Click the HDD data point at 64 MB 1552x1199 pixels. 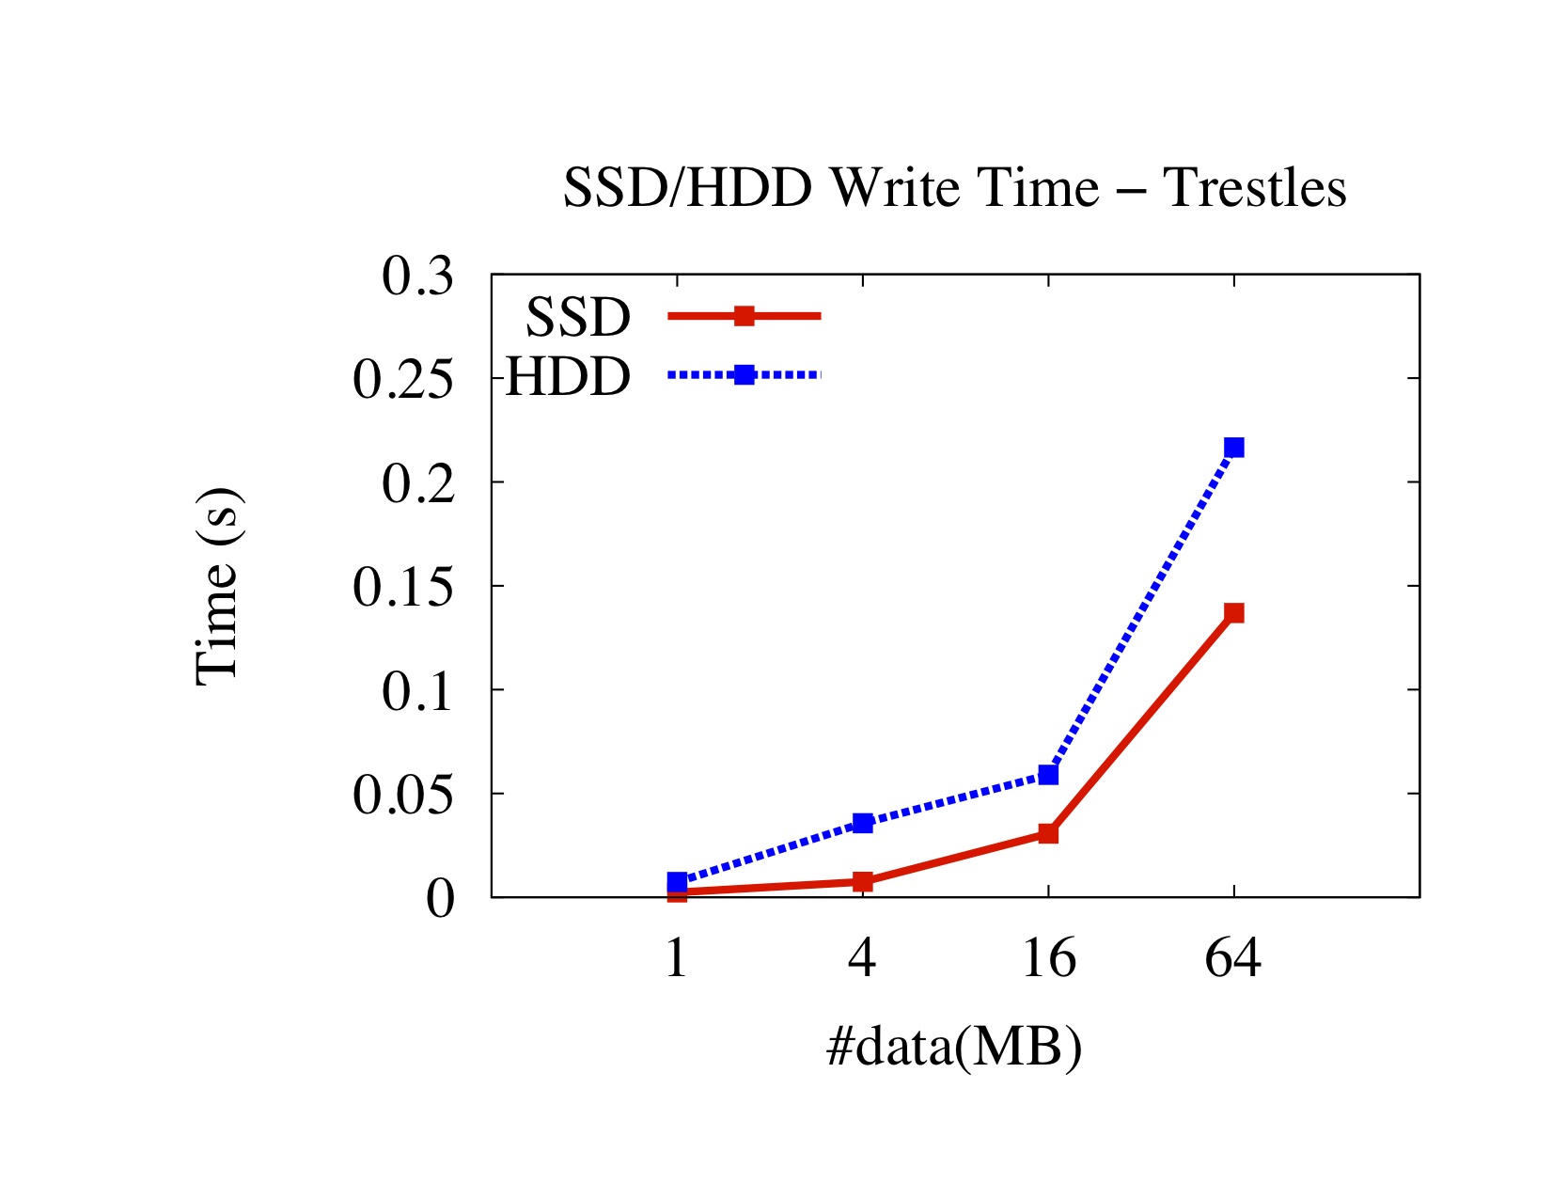pyautogui.click(x=1233, y=447)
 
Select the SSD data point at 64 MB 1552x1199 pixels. pyautogui.click(x=1233, y=613)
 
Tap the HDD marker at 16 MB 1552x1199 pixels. pyautogui.click(x=1048, y=775)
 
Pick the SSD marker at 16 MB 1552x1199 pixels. pyautogui.click(x=1048, y=833)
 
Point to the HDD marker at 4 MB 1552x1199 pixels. pyautogui.click(x=863, y=823)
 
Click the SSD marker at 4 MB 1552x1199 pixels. pyautogui.click(x=863, y=881)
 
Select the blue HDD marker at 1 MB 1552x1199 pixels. pyautogui.click(x=677, y=881)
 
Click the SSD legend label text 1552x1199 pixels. pyautogui.click(x=577, y=318)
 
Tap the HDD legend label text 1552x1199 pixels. pyautogui.click(x=568, y=377)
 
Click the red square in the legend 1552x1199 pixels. pyautogui.click(x=744, y=316)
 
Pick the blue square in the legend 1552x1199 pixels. pyautogui.click(x=744, y=375)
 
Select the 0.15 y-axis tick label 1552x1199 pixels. pyautogui.click(x=402, y=588)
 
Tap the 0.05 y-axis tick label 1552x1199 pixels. pyautogui.click(x=402, y=796)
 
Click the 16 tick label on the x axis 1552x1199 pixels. pyautogui.click(x=1048, y=959)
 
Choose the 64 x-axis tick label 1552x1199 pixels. pyautogui.click(x=1233, y=959)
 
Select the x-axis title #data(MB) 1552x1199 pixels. pyautogui.click(x=954, y=1047)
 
